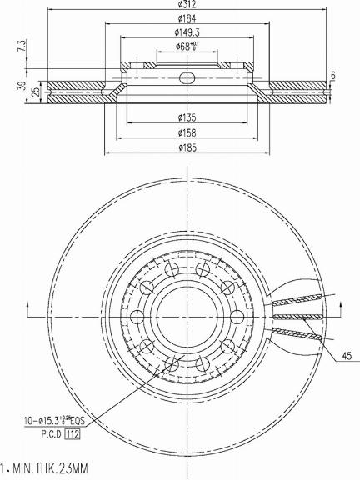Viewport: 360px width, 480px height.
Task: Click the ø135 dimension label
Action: pyautogui.click(x=186, y=117)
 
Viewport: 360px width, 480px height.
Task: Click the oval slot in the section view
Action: pyautogui.click(x=187, y=77)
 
